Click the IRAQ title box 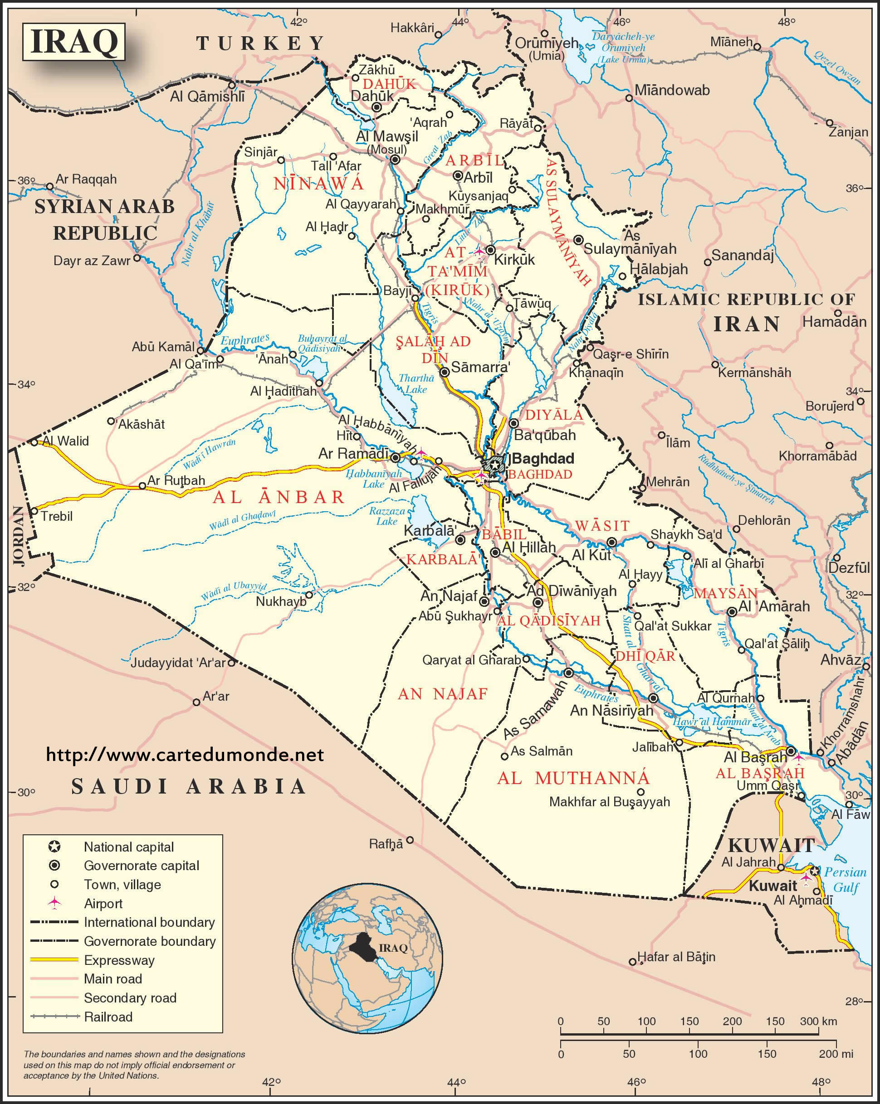74,42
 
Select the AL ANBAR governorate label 279,497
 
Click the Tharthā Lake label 416,383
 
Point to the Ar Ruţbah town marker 142,486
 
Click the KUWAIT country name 771,845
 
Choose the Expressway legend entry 119,960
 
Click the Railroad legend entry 108,1017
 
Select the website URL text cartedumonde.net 185,755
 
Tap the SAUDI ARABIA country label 188,786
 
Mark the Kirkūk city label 514,259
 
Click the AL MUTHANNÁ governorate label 573,778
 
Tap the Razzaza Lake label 387,516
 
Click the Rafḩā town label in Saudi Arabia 386,844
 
